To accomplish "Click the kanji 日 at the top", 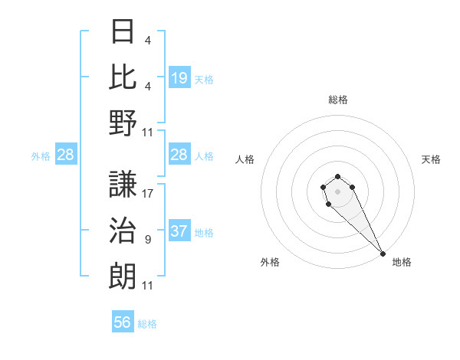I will click(x=123, y=31).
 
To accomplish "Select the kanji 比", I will click(x=123, y=77).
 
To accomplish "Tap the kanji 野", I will click(x=123, y=123).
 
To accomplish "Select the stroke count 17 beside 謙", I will click(x=148, y=194).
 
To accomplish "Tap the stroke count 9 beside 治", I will click(x=147, y=240).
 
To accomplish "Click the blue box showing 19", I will click(x=179, y=77).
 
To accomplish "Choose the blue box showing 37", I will click(x=179, y=231).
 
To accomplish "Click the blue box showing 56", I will click(x=123, y=322).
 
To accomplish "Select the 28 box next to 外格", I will click(x=65, y=155).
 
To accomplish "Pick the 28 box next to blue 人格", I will click(x=179, y=155).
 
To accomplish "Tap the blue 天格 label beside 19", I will click(x=204, y=78).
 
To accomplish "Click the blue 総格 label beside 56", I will click(x=147, y=323).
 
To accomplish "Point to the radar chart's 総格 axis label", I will click(x=338, y=100).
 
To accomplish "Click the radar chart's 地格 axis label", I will click(x=402, y=262).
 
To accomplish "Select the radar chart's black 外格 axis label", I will click(x=270, y=262).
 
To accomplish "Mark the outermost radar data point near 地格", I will click(x=383, y=254).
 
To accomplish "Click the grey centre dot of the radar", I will click(x=337, y=190).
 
